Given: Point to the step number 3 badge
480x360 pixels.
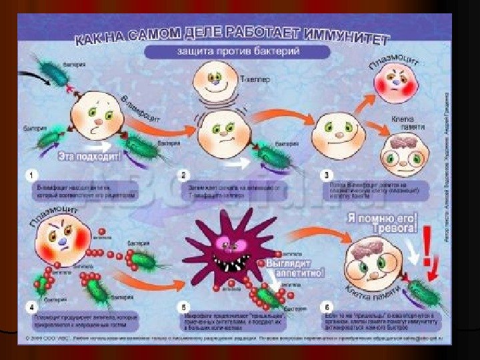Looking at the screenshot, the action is click(326, 175).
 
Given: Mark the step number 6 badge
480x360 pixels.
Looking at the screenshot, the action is click(326, 308).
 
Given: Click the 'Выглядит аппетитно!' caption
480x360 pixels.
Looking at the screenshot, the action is click(295, 266).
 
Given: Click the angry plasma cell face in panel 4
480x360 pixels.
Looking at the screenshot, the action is click(62, 239).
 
